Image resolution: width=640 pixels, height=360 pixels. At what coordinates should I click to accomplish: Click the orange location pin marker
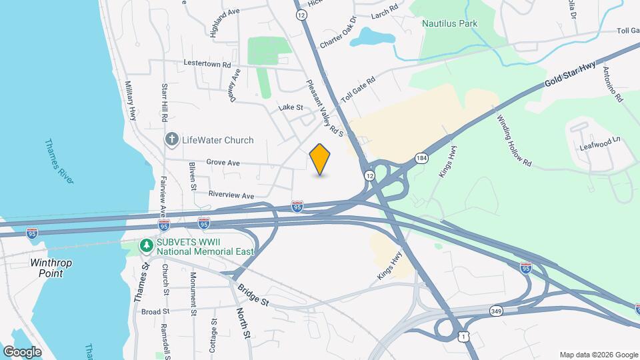click(x=320, y=159)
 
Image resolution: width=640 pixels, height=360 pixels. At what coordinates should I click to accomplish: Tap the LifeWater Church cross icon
click(x=172, y=140)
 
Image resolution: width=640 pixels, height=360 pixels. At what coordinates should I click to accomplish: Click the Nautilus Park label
click(x=449, y=23)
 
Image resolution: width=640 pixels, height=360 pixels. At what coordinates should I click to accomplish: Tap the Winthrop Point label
click(x=51, y=267)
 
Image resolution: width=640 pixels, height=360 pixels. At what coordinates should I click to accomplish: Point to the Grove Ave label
click(x=223, y=162)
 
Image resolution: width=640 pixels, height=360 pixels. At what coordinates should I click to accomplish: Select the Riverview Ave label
click(x=231, y=196)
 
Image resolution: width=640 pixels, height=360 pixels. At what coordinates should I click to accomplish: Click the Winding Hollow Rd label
click(x=515, y=141)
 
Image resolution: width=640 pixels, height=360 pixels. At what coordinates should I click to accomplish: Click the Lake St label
click(x=291, y=107)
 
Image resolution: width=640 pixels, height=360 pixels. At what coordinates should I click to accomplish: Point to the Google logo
click(x=22, y=351)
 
